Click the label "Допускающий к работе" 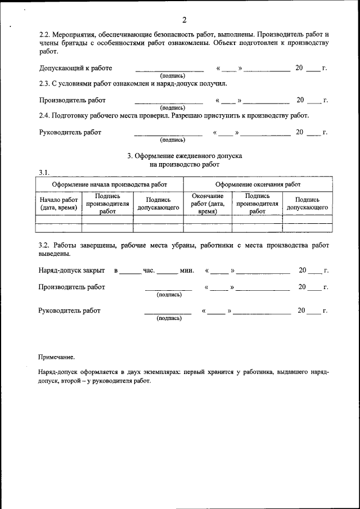(x=75, y=69)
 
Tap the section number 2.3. (x=45, y=84)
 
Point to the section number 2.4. (x=45, y=116)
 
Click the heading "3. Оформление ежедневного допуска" (x=184, y=156)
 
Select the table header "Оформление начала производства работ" (x=109, y=184)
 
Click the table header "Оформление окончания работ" (x=258, y=184)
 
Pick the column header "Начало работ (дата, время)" (x=58, y=204)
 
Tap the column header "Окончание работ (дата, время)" (x=208, y=204)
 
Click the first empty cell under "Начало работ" (x=58, y=219)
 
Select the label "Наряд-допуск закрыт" (x=71, y=271)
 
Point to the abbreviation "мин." (x=187, y=271)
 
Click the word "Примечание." (x=56, y=357)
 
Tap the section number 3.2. (x=45, y=246)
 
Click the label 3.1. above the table (x=44, y=172)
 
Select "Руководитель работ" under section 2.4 (x=70, y=133)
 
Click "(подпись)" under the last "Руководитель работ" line (x=169, y=318)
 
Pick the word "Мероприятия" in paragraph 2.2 (x=78, y=35)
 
